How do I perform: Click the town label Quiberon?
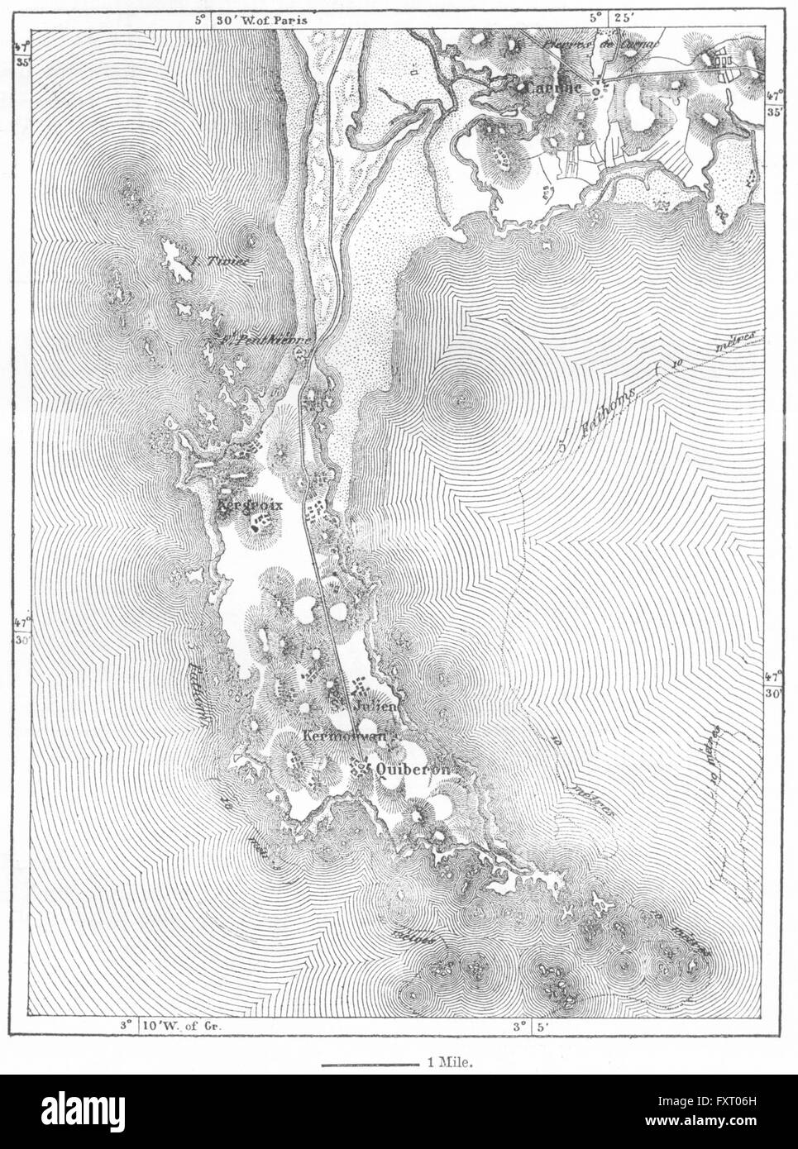click(x=411, y=768)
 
